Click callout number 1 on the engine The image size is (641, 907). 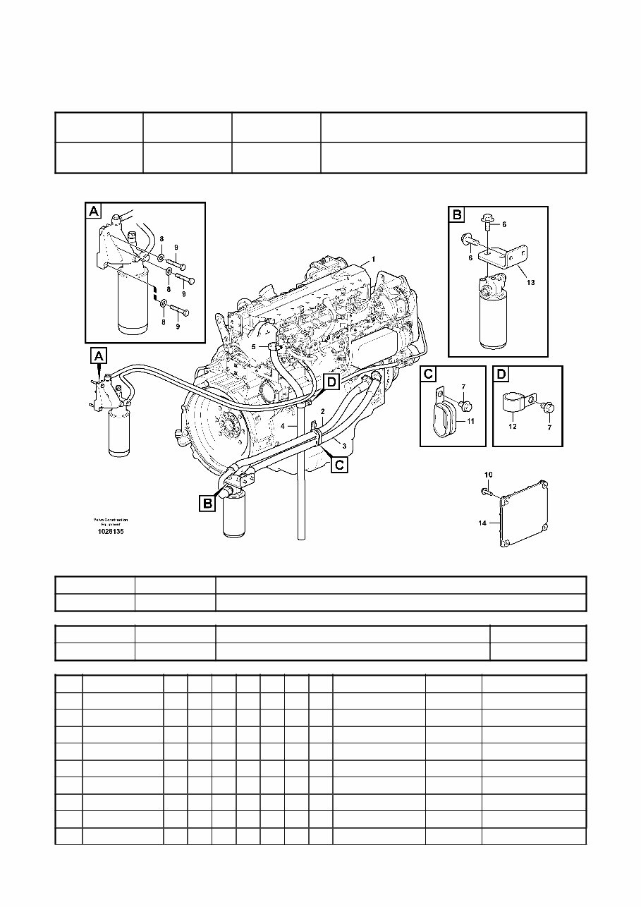[374, 259]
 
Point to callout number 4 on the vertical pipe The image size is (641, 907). [283, 427]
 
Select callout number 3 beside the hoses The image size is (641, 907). [344, 445]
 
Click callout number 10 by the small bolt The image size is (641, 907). [489, 474]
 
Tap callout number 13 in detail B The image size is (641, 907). [530, 282]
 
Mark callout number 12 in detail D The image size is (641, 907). [513, 426]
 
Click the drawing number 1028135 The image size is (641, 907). [111, 532]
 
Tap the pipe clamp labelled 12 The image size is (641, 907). [517, 403]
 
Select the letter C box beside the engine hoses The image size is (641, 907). [339, 465]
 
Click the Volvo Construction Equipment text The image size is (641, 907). [110, 522]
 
